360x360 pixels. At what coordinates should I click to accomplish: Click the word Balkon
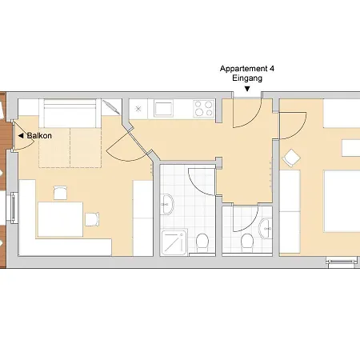click(40, 137)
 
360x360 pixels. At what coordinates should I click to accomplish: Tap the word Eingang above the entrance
click(247, 79)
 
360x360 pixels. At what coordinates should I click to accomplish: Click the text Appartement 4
click(247, 70)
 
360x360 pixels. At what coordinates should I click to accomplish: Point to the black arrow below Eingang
click(247, 89)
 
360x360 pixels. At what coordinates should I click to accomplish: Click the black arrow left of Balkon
click(21, 137)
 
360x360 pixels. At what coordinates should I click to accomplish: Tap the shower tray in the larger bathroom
click(174, 241)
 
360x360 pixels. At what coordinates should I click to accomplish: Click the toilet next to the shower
click(203, 241)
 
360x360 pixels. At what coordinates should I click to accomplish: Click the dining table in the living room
click(59, 218)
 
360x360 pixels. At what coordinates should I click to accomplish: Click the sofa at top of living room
click(70, 112)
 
